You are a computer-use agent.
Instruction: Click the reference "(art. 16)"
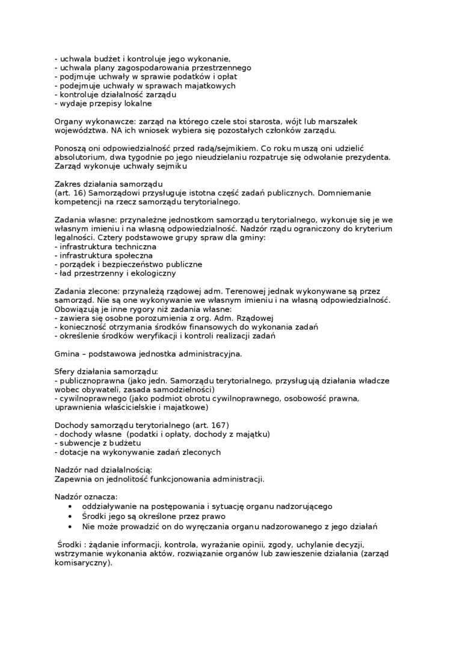point(69,193)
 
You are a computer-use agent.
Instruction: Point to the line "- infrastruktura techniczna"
point(105,246)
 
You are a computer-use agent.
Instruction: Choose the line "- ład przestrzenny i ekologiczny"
point(115,273)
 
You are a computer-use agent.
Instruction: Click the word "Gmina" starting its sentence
point(67,354)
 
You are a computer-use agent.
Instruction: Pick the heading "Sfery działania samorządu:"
point(106,372)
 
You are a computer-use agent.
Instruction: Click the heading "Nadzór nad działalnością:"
point(103,470)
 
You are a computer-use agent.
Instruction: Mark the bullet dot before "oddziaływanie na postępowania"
point(71,507)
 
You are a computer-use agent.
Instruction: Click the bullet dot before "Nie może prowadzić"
point(71,526)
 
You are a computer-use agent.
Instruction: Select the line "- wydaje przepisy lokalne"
point(103,103)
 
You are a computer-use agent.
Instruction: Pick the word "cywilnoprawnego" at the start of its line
point(90,398)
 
